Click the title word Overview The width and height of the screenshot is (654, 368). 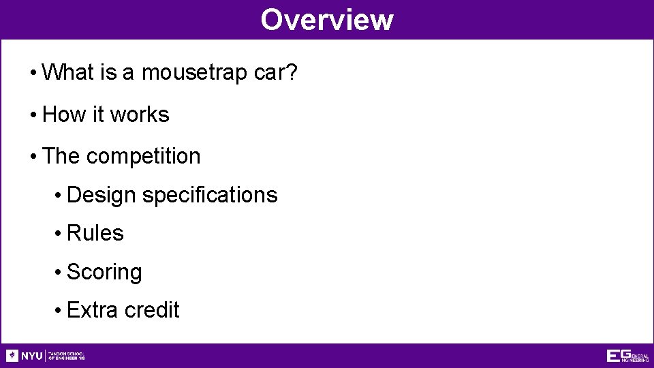coord(326,20)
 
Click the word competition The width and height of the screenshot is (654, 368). coord(143,156)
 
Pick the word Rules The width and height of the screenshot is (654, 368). coord(95,233)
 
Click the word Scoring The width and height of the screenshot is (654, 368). coord(104,272)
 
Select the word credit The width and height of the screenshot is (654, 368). coord(151,310)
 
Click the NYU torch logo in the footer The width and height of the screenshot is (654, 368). coord(12,356)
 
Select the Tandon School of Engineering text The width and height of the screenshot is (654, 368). coord(66,356)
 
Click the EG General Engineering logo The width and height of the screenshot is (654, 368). coord(627,356)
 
